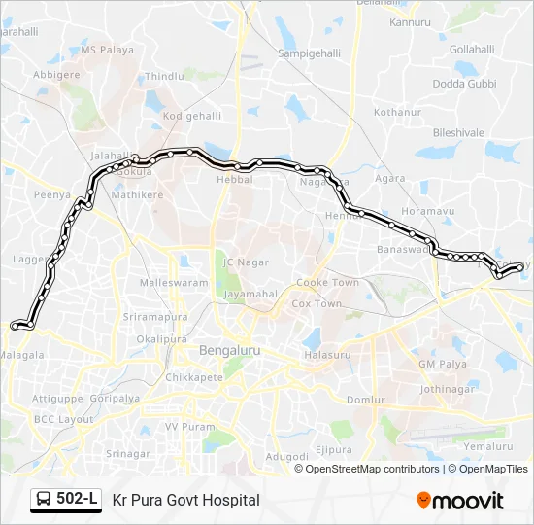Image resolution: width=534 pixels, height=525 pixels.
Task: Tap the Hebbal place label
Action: (x=234, y=180)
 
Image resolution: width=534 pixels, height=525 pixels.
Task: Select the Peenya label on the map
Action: (x=51, y=195)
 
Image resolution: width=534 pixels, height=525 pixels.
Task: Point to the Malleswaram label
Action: (x=174, y=283)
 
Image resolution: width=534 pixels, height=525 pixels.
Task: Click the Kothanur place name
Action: (x=398, y=113)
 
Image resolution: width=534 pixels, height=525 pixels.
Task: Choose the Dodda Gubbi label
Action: (x=463, y=84)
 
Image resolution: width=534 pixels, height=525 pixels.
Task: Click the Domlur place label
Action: (x=366, y=400)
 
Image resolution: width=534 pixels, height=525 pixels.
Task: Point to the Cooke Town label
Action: (x=327, y=283)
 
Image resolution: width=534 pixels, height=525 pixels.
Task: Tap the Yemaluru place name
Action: (x=487, y=446)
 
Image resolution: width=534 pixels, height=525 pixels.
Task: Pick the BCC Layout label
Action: (x=63, y=419)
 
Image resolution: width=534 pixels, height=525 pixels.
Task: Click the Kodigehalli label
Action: (x=191, y=116)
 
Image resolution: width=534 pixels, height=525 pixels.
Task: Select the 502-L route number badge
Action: (x=78, y=500)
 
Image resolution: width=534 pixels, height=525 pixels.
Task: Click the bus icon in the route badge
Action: (x=45, y=500)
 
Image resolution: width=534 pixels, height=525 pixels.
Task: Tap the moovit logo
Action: (x=460, y=501)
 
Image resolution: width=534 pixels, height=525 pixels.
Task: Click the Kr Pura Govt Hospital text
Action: (x=186, y=500)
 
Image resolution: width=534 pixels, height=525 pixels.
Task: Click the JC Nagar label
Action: (x=245, y=262)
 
